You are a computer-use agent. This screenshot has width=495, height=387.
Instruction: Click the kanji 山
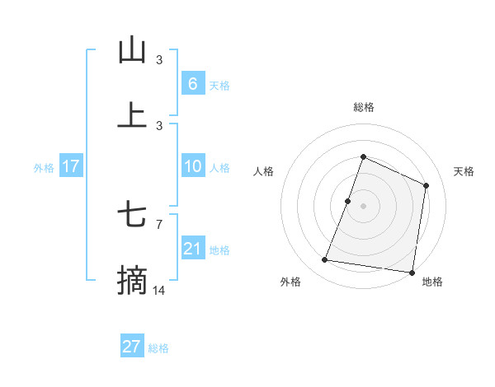(x=132, y=51)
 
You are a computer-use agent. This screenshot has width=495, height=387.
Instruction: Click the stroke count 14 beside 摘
(x=159, y=291)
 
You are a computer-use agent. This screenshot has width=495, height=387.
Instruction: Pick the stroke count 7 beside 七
(x=159, y=224)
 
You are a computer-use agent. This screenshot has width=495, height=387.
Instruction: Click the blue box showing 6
(x=192, y=84)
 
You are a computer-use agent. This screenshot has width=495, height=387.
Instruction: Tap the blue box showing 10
(x=192, y=166)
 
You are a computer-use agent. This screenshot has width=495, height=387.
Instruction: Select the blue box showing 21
(x=192, y=249)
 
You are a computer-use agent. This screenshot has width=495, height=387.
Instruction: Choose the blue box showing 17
(x=71, y=166)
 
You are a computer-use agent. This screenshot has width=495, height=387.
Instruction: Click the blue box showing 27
(x=132, y=347)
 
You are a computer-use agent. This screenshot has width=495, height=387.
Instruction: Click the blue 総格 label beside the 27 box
(x=158, y=348)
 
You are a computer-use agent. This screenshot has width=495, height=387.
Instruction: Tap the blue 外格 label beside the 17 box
(x=44, y=168)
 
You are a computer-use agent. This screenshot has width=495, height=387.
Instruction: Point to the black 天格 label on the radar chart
(x=464, y=171)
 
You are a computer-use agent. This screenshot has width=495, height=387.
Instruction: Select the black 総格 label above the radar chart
(x=364, y=107)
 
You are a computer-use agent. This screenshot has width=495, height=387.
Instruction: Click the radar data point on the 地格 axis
(x=412, y=272)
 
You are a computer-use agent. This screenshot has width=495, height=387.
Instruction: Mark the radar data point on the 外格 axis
(x=325, y=260)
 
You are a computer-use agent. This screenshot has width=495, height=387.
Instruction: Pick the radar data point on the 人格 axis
(x=348, y=201)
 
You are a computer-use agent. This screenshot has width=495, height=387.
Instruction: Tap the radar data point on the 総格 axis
(x=363, y=156)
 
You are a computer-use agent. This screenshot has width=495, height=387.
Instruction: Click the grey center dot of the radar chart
(x=363, y=206)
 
